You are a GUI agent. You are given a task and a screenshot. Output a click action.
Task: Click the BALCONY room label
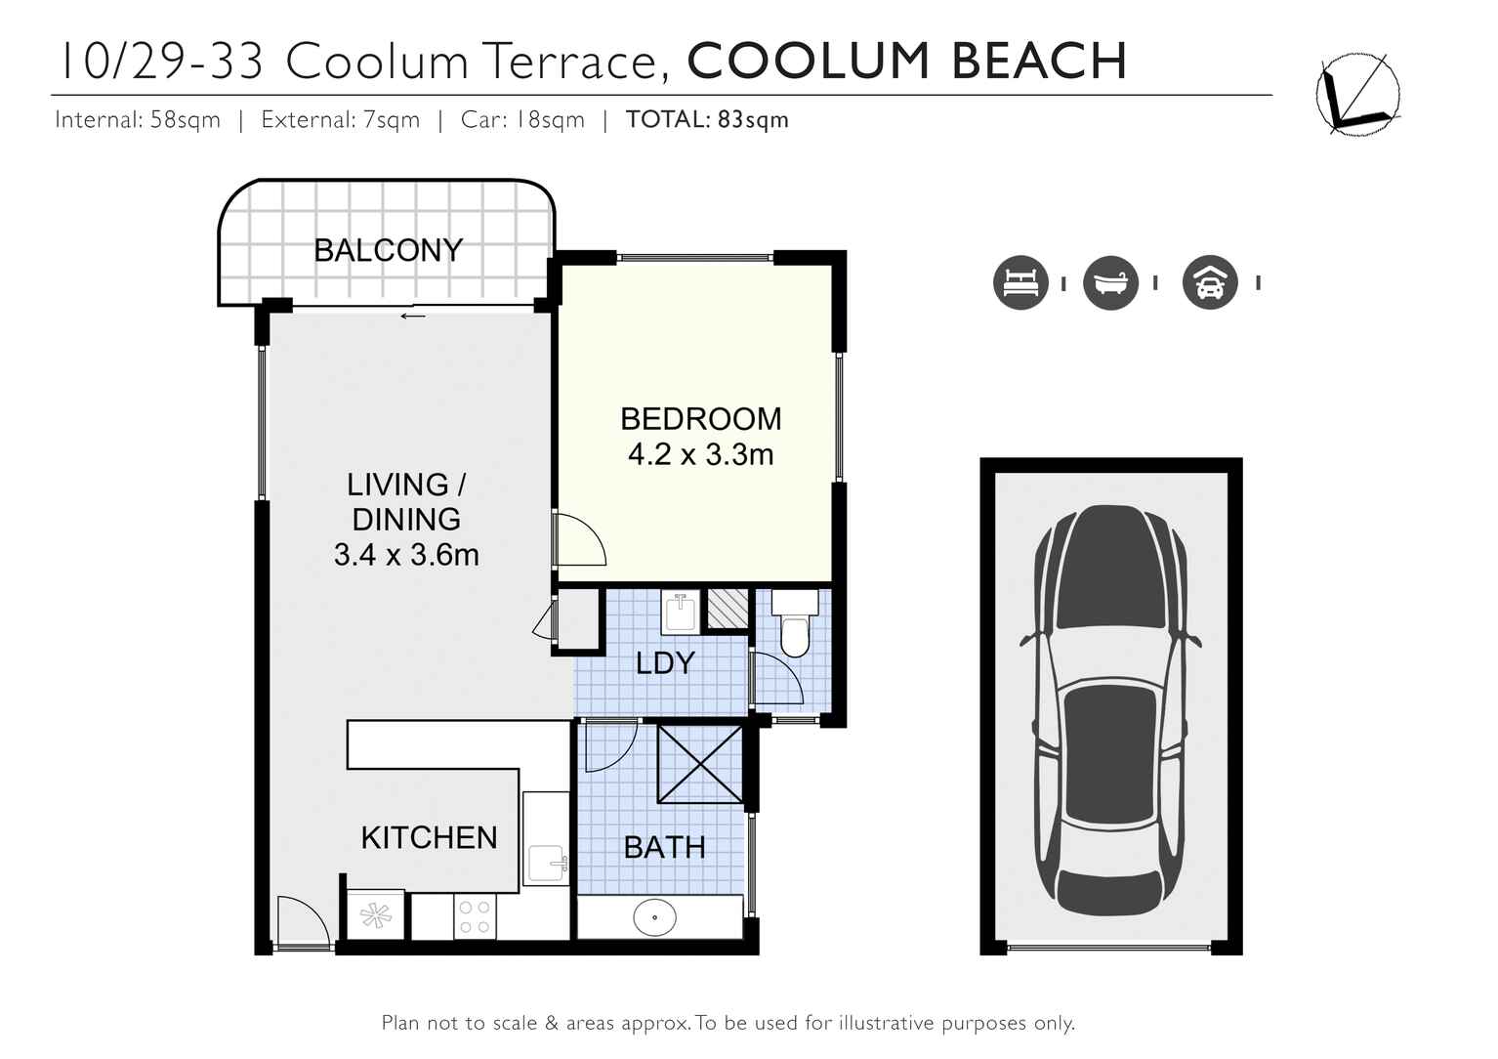point(388,251)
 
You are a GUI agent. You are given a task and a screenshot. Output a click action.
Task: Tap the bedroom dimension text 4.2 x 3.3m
point(700,455)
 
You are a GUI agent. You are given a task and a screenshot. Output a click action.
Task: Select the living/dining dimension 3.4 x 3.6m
point(406,555)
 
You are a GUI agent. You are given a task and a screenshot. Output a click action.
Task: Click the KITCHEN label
point(429,838)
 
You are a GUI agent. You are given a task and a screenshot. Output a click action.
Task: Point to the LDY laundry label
point(665,663)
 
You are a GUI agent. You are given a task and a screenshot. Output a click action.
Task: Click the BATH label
point(664,847)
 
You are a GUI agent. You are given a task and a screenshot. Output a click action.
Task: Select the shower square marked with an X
point(699,763)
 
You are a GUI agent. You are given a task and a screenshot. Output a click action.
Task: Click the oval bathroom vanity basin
point(654,918)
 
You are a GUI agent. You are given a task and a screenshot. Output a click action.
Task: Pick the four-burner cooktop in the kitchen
point(475,917)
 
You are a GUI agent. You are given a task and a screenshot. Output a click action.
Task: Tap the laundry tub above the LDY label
point(680,613)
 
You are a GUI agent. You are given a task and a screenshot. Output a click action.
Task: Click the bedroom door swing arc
point(581,540)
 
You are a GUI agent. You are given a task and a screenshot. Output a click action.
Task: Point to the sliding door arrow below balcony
point(413,316)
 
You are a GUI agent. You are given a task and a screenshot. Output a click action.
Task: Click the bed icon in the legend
point(1020,283)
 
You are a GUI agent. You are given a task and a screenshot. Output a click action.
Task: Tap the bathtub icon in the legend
point(1110,283)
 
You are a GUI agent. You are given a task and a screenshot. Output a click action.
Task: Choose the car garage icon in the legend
point(1210,283)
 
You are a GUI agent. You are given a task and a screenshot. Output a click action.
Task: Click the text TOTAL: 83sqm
point(707,120)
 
